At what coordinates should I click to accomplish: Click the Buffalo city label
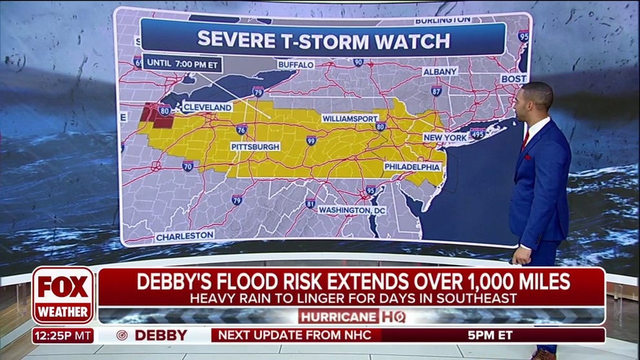[296, 65]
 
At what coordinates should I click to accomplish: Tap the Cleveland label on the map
[206, 106]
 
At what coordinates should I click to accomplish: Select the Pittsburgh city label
[255, 147]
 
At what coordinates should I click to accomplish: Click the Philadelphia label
[412, 167]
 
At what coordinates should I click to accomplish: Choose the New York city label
[445, 138]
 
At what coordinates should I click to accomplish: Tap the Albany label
[440, 71]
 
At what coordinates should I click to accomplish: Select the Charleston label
[185, 235]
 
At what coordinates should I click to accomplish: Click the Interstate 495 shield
[477, 134]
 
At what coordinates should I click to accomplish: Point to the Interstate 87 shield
[437, 91]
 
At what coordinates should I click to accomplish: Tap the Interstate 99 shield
[311, 140]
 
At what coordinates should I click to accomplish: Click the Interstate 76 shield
[241, 130]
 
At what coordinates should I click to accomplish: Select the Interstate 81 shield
[310, 204]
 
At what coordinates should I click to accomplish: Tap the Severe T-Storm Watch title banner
[323, 39]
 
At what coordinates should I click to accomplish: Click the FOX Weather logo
[63, 295]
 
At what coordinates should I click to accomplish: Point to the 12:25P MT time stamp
[63, 335]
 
